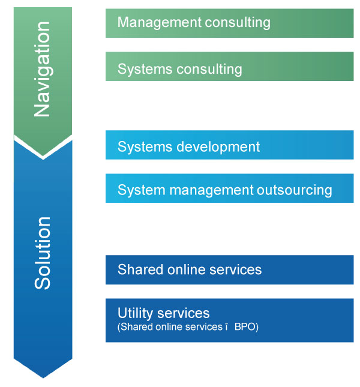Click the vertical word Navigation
click(x=43, y=69)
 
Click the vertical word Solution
click(x=43, y=253)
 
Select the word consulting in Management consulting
click(x=238, y=23)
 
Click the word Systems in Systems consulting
click(x=145, y=69)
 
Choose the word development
click(x=218, y=147)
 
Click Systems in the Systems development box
click(x=145, y=147)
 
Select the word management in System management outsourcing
click(x=211, y=191)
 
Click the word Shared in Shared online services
click(x=141, y=269)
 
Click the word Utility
click(x=135, y=313)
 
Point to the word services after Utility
click(x=183, y=313)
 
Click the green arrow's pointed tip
click(x=43, y=156)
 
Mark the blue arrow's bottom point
click(x=43, y=377)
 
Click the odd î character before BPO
click(x=226, y=327)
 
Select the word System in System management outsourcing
click(x=142, y=191)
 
